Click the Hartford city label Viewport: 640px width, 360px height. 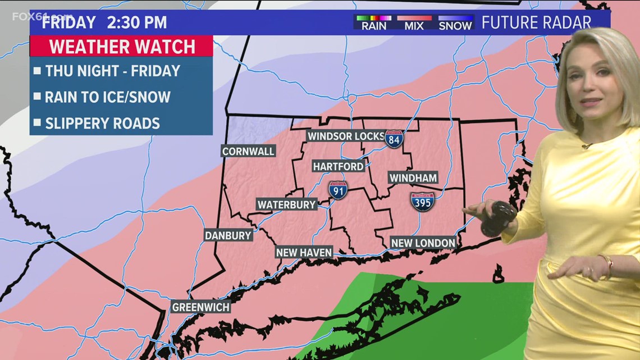(x=338, y=166)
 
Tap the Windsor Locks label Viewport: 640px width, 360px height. (x=346, y=136)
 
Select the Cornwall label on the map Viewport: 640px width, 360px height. (x=248, y=151)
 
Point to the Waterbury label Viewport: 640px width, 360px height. (x=287, y=204)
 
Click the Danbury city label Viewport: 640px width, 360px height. (x=228, y=235)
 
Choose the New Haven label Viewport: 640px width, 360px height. (x=304, y=253)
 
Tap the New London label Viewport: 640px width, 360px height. (x=423, y=243)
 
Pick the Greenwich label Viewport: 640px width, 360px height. (x=201, y=307)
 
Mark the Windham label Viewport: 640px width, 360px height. (x=413, y=178)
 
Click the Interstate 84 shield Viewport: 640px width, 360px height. (x=394, y=139)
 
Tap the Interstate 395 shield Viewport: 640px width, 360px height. (x=422, y=201)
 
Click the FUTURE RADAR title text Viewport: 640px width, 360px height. (x=536, y=22)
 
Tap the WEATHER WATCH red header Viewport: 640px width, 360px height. (x=122, y=46)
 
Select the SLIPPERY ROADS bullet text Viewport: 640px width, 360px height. (x=102, y=123)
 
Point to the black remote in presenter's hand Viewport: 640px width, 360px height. (x=498, y=218)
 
